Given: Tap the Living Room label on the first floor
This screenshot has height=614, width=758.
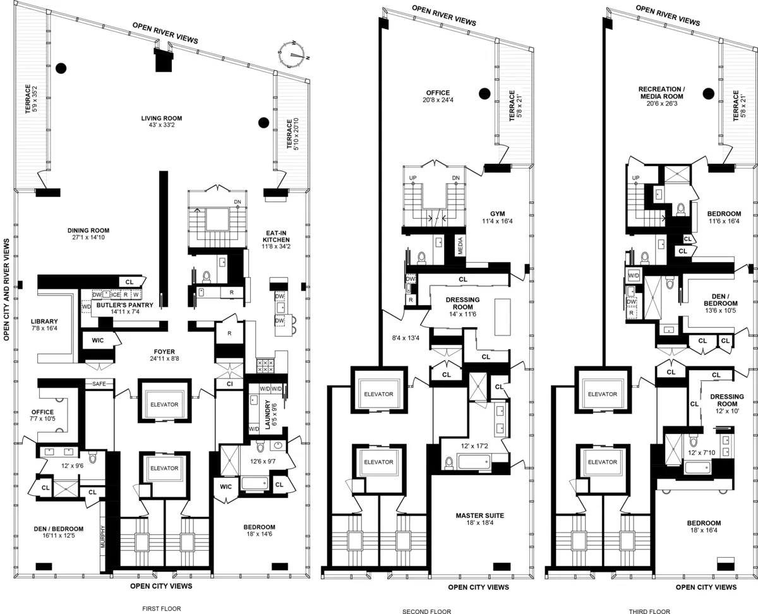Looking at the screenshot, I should (162, 118).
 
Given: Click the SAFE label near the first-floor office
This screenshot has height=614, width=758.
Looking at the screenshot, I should (99, 384).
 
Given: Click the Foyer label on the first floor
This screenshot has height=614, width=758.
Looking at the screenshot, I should (164, 352).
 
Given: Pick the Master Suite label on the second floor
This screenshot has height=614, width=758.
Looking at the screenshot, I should (479, 515).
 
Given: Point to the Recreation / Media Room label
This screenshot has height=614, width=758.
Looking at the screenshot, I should (661, 93).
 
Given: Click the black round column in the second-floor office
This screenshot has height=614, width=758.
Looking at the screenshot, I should (484, 93).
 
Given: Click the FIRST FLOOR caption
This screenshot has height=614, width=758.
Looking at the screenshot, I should (162, 609).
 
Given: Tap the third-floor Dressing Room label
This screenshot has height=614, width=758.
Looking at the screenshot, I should (726, 400).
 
